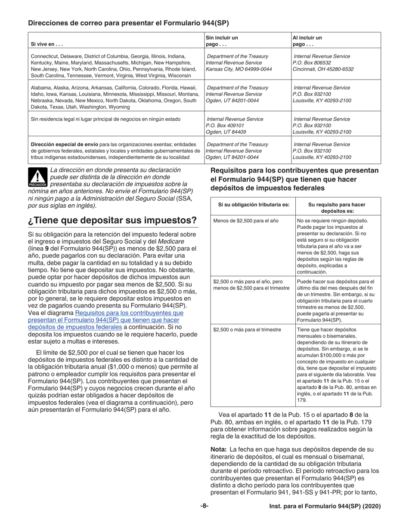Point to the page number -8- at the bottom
pyautogui.click(x=204, y=506)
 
